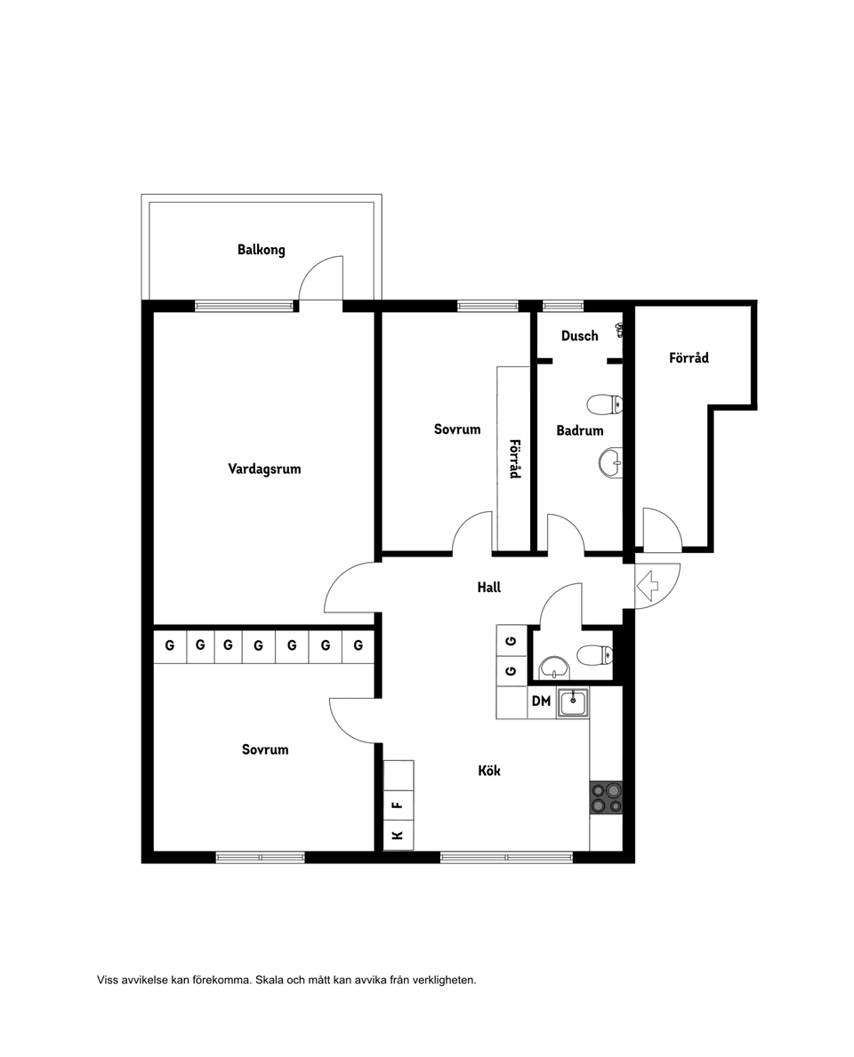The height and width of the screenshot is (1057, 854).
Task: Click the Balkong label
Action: click(261, 250)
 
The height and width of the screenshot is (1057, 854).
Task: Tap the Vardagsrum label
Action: click(264, 469)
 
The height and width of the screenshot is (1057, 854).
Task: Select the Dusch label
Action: click(579, 336)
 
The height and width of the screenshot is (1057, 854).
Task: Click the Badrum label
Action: click(579, 430)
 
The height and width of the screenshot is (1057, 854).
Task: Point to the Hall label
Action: click(489, 588)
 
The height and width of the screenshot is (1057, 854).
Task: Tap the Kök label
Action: click(489, 771)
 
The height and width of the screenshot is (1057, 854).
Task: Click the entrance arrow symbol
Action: click(648, 585)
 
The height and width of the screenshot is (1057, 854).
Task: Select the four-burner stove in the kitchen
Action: click(606, 798)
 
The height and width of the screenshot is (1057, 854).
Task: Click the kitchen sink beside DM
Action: click(573, 702)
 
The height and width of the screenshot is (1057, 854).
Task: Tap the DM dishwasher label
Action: click(541, 701)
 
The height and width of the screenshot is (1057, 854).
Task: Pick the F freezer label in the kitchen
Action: click(398, 805)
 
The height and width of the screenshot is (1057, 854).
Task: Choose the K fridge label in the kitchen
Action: click(398, 836)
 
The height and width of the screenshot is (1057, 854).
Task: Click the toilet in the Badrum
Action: click(604, 405)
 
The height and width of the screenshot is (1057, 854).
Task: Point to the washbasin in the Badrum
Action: click(610, 463)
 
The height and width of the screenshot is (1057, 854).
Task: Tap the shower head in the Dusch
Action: click(618, 330)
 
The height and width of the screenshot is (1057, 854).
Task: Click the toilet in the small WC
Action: click(595, 654)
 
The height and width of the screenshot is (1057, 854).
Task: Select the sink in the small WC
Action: click(554, 668)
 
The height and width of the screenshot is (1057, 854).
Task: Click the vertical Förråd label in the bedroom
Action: click(515, 459)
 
